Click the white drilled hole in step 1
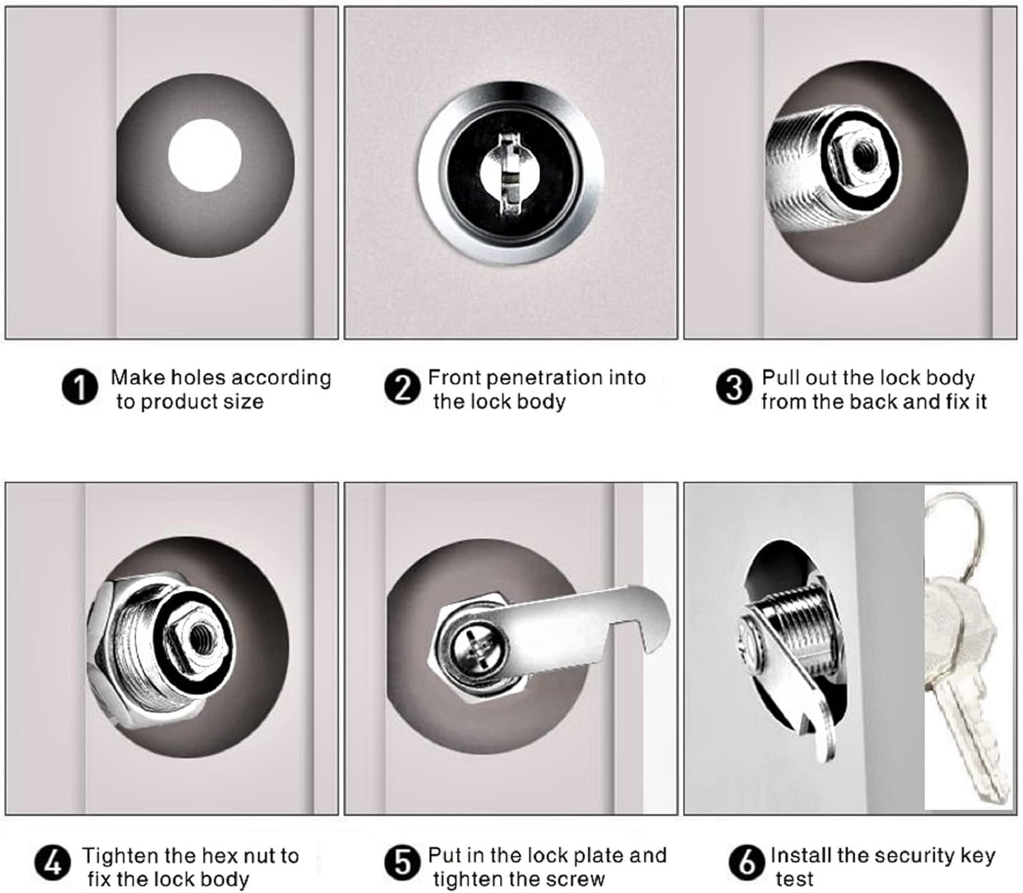(205, 155)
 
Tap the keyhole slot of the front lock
(510, 175)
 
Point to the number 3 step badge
(734, 388)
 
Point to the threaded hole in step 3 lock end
(862, 157)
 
